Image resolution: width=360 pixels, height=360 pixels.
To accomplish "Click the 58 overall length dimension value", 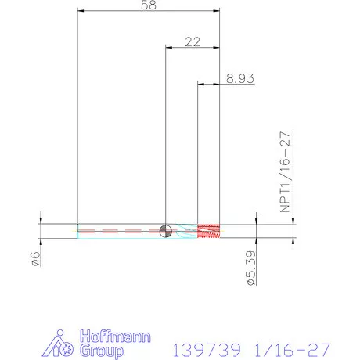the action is pos(149,5).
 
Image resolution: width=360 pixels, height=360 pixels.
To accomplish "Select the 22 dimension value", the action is pos(193,41).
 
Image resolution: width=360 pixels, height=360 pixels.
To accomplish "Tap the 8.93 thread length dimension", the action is pos(239,78).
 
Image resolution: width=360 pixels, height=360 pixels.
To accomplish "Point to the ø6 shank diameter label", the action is pos(36,258).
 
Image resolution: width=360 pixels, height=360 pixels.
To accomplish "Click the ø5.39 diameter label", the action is pos(251,268).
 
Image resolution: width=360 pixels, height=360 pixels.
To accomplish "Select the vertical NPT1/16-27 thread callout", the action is pos(285,172).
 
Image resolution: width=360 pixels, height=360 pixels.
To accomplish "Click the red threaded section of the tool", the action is pos(208,231).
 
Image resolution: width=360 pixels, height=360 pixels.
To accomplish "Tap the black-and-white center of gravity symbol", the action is pos(165,231).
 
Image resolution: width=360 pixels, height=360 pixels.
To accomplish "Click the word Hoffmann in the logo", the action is pos(115,337).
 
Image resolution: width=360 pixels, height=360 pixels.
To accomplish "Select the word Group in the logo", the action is pos(102,351).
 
